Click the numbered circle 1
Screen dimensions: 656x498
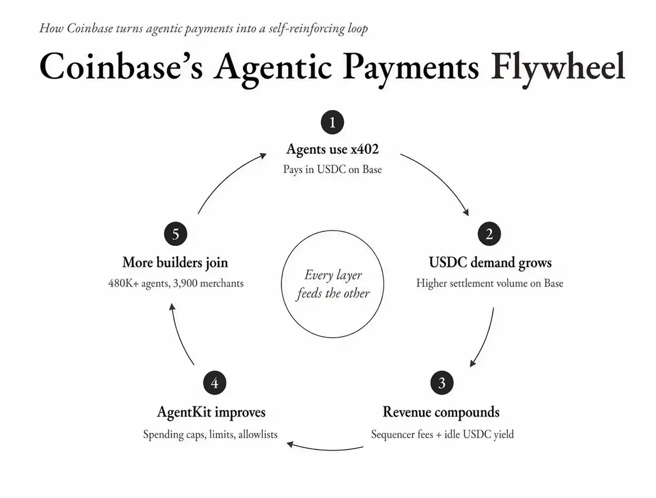coord(332,122)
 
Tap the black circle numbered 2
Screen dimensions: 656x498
coord(489,234)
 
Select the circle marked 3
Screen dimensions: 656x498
coord(442,383)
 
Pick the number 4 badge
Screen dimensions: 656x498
coord(214,383)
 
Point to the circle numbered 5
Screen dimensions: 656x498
coord(175,234)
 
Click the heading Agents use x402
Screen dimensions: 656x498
coord(333,149)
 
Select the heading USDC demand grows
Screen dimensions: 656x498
coord(490,263)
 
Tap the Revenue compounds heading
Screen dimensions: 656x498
coord(441,412)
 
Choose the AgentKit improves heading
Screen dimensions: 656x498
coord(211,412)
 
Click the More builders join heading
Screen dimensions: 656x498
coord(175,263)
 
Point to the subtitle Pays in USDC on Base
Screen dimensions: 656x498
coord(333,170)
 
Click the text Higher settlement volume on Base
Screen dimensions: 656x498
coord(490,283)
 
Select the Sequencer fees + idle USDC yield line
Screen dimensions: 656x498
coord(442,435)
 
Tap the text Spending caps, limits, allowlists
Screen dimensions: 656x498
coord(210,435)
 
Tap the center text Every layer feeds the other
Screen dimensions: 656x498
coord(333,284)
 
